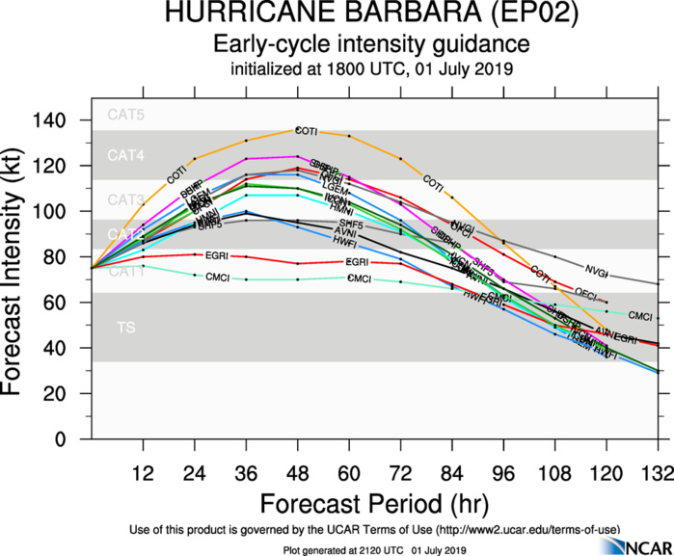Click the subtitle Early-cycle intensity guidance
tap(371, 44)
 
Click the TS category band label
tap(125, 328)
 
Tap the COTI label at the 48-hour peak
tap(306, 131)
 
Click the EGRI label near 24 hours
tap(216, 255)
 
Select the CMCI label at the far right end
tap(640, 316)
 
